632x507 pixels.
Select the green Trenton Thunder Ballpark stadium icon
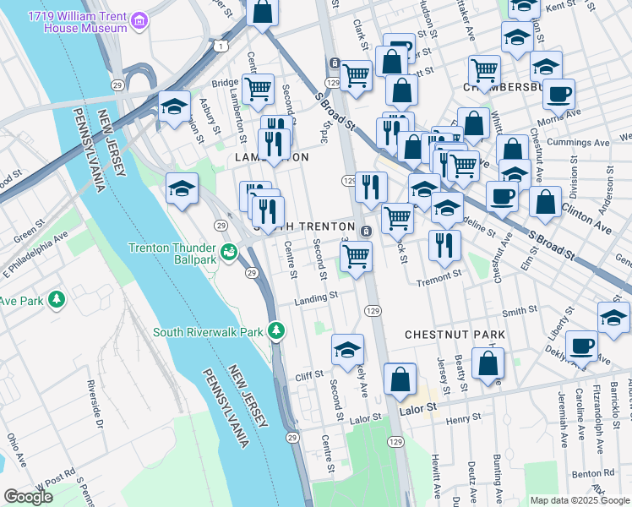[x=228, y=252]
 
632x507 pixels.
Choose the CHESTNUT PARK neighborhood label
[x=455, y=335]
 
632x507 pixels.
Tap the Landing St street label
[x=315, y=297]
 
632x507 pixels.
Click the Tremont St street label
[x=438, y=275]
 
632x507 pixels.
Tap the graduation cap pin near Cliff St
[x=347, y=349]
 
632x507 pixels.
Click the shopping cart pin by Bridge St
[x=257, y=88]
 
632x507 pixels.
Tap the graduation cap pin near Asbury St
[x=174, y=106]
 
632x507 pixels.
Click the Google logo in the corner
[x=28, y=497]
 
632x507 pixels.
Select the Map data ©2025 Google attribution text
[x=580, y=500]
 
